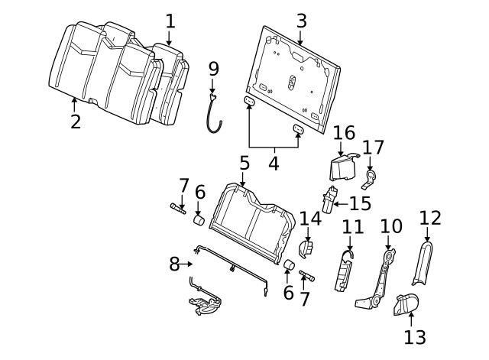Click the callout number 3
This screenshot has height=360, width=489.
point(301,21)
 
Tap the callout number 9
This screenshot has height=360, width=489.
point(213,69)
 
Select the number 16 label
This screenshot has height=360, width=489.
point(344,132)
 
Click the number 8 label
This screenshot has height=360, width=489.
point(174,264)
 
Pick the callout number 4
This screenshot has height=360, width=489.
point(272,163)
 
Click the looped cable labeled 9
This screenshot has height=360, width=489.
point(215,112)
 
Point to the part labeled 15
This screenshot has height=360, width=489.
point(331,200)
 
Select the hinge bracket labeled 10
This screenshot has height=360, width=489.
point(377,279)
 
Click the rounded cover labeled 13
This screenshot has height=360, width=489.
point(406,305)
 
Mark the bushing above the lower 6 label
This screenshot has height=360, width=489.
point(289,265)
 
